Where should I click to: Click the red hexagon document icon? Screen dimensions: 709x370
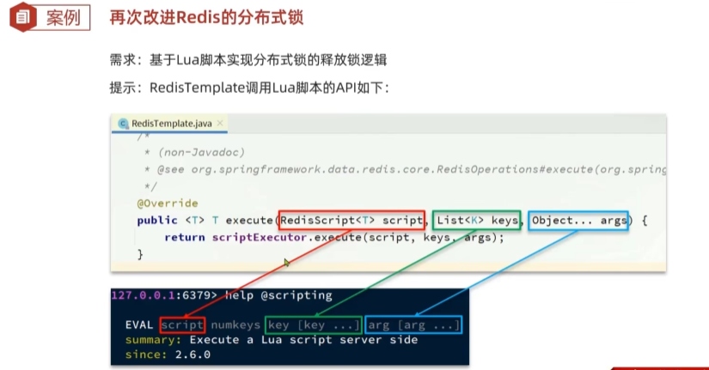pyautogui.click(x=23, y=17)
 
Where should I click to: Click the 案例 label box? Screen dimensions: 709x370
pyautogui.click(x=63, y=18)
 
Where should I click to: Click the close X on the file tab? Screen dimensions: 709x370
pyautogui.click(x=220, y=123)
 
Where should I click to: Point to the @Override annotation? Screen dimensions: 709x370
pyautogui.click(x=168, y=203)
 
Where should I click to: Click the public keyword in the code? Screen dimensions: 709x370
pyautogui.click(x=157, y=221)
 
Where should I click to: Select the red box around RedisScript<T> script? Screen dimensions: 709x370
pyautogui.click(x=351, y=211)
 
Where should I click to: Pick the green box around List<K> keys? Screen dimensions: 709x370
pyautogui.click(x=476, y=211)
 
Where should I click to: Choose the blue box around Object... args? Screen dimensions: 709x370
pyautogui.click(x=578, y=211)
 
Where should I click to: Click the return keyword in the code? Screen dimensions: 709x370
pyautogui.click(x=185, y=238)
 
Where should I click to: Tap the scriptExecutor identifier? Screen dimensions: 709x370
pyautogui.click(x=259, y=238)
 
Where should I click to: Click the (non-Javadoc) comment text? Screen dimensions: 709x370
pyautogui.click(x=201, y=152)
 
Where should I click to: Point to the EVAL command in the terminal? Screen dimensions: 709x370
pyautogui.click(x=139, y=325)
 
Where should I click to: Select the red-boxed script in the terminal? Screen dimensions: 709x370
pyautogui.click(x=182, y=325)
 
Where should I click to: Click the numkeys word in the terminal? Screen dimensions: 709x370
pyautogui.click(x=235, y=325)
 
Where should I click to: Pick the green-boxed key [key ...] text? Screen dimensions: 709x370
pyautogui.click(x=314, y=325)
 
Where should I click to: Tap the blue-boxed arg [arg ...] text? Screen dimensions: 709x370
pyautogui.click(x=413, y=325)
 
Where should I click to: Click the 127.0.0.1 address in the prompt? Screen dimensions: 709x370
pyautogui.click(x=143, y=295)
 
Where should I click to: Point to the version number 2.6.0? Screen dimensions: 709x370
pyautogui.click(x=193, y=355)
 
